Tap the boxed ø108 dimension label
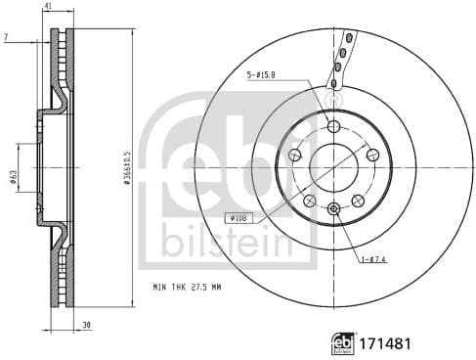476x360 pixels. click(x=239, y=217)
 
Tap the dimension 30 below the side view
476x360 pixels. click(x=87, y=326)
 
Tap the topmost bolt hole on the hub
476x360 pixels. click(x=334, y=127)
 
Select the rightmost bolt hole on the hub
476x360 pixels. click(x=372, y=155)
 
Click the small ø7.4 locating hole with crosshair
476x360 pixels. click(x=334, y=207)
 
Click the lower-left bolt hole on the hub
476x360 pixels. click(x=311, y=200)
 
